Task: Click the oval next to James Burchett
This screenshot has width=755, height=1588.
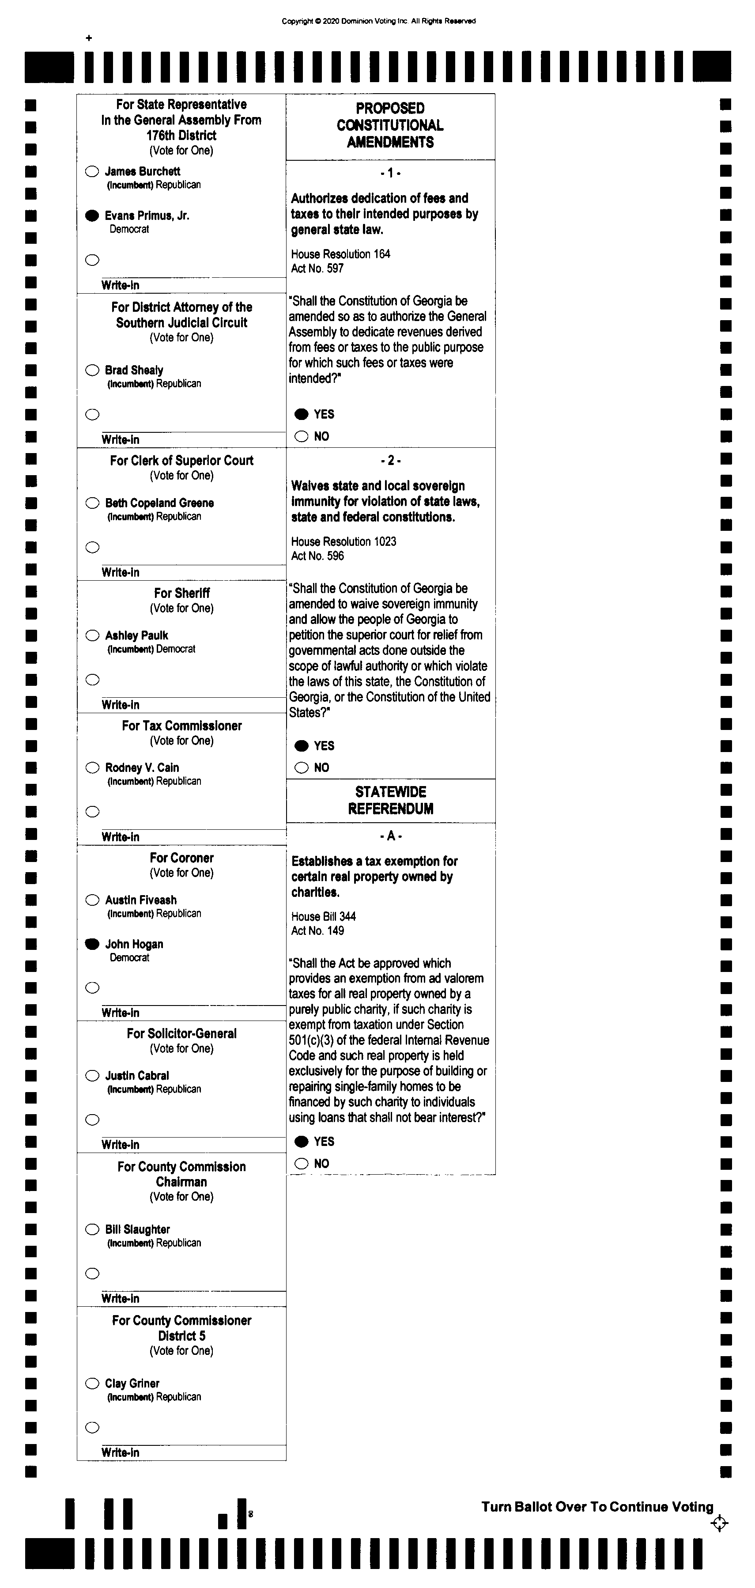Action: [92, 171]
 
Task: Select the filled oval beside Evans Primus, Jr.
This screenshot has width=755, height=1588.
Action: [92, 215]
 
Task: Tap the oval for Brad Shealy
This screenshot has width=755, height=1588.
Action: [92, 370]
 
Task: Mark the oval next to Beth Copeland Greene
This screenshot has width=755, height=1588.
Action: [92, 503]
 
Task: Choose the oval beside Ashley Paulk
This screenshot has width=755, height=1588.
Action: [92, 635]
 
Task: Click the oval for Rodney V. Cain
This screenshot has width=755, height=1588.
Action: [92, 768]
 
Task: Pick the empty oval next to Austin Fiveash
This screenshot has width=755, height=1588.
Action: [92, 900]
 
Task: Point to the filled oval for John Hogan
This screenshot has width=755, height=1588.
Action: [92, 944]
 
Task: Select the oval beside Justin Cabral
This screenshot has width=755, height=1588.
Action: [92, 1076]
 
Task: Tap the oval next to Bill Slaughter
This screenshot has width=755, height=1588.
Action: [92, 1229]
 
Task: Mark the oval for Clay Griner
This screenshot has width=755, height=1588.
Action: [92, 1384]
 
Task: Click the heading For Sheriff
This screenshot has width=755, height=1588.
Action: [182, 593]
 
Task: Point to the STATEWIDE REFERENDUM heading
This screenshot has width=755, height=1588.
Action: [391, 800]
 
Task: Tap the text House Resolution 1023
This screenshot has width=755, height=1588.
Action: [344, 541]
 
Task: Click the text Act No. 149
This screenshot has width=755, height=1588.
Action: [317, 930]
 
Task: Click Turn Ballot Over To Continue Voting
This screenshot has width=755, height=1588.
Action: [596, 1507]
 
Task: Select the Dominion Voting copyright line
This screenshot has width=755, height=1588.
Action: [378, 21]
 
